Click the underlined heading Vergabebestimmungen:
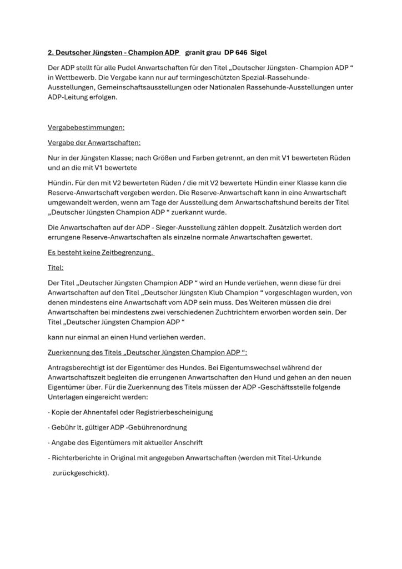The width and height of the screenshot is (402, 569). [86, 127]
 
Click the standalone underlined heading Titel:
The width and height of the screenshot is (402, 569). [56, 267]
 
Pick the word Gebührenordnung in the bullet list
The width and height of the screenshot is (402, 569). [160, 427]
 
